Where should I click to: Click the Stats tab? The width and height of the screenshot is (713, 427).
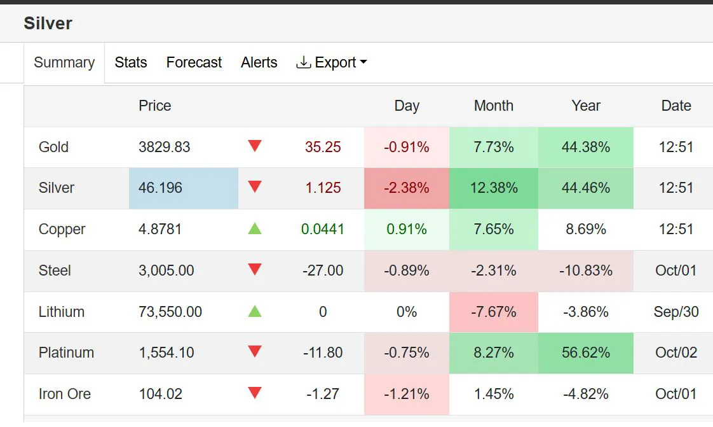click(x=131, y=62)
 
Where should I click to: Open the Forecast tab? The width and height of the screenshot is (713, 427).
click(x=194, y=62)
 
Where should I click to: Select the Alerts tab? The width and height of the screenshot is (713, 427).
click(x=259, y=62)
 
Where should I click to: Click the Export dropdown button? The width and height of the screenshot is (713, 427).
click(x=332, y=62)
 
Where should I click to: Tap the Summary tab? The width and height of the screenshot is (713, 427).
click(x=64, y=62)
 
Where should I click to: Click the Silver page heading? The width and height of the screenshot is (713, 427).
click(x=48, y=24)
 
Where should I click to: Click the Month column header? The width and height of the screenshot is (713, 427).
click(x=494, y=106)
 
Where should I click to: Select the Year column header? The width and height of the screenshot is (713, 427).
click(x=586, y=106)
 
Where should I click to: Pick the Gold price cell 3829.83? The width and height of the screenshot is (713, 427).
click(x=165, y=147)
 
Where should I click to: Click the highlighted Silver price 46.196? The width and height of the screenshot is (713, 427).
click(x=161, y=188)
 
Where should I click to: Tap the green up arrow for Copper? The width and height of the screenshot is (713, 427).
click(x=255, y=228)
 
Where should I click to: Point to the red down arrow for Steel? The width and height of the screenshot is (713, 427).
click(x=255, y=270)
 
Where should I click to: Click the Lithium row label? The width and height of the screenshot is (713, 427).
click(x=62, y=312)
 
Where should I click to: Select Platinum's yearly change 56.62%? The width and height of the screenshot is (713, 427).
click(x=586, y=353)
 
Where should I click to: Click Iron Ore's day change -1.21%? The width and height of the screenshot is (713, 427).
click(x=407, y=394)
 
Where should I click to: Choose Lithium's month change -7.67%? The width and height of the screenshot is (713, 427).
click(x=494, y=312)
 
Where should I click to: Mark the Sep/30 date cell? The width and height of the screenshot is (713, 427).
click(x=676, y=312)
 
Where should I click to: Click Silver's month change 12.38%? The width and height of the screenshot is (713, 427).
click(x=494, y=188)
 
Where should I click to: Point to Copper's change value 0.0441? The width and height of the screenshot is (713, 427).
click(x=323, y=229)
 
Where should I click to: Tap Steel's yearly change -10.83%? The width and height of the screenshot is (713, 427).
click(x=586, y=270)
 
